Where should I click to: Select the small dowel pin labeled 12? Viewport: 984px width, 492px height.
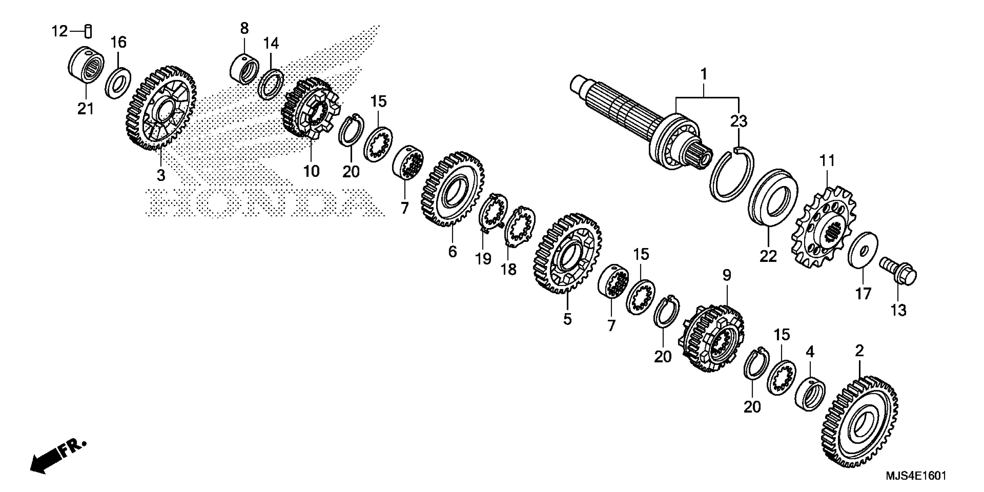[x=88, y=31]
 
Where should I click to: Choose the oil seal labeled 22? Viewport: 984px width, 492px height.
[x=772, y=198]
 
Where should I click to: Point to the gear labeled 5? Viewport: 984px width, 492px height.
[x=567, y=254]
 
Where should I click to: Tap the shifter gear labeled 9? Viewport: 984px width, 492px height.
[x=713, y=338]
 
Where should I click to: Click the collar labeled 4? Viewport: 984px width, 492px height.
[x=809, y=393]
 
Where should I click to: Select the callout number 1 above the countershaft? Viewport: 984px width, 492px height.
[x=703, y=74]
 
